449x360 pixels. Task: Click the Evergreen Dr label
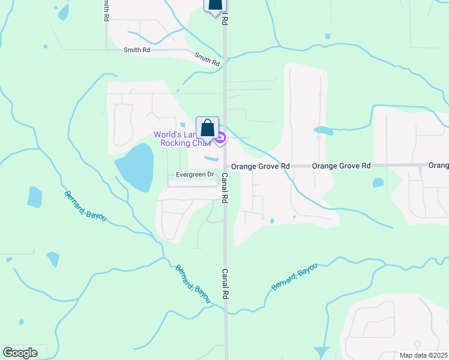click(194, 175)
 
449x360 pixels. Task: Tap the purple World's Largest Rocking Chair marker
click(221, 139)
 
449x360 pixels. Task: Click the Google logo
click(19, 353)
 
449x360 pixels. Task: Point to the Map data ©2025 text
click(423, 355)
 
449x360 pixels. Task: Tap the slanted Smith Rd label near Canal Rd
click(207, 59)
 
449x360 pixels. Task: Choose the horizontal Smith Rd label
click(137, 50)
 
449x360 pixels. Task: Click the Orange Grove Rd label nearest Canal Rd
click(265, 166)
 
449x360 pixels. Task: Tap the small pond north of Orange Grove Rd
click(323, 130)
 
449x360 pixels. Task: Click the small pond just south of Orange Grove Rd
click(378, 182)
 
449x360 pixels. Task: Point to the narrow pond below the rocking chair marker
click(211, 159)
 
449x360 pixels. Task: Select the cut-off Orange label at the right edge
click(438, 165)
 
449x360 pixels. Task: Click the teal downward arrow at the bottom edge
click(322, 353)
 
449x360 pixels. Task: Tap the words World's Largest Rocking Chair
click(183, 139)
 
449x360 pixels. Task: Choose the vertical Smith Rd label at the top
click(106, 10)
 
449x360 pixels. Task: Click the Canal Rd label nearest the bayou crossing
click(225, 284)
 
